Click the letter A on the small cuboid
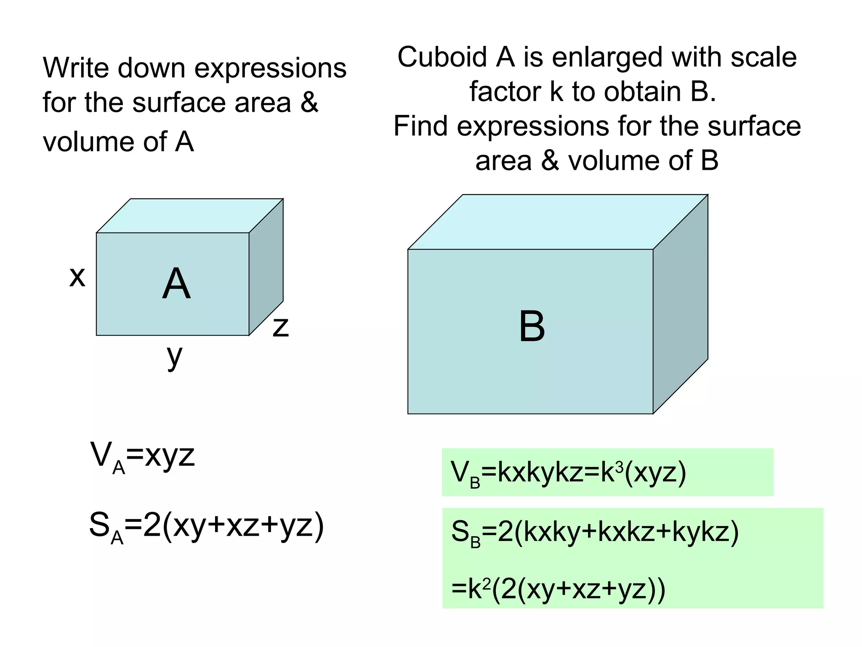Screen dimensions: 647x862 [176, 284]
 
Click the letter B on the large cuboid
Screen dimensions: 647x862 [532, 326]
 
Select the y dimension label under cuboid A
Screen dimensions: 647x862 [175, 356]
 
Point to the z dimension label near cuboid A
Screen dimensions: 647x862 [281, 327]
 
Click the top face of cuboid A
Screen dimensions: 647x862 [189, 216]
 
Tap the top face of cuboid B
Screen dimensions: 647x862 [558, 222]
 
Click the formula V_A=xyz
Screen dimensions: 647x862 [142, 457]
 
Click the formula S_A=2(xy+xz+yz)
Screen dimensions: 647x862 [206, 527]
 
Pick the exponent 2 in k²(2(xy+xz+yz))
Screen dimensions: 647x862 [486, 583]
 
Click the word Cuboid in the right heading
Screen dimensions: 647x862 [442, 57]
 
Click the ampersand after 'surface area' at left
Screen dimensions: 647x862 [309, 102]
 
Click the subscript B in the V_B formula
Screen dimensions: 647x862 [475, 483]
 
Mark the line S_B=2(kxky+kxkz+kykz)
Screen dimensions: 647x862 [595, 532]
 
